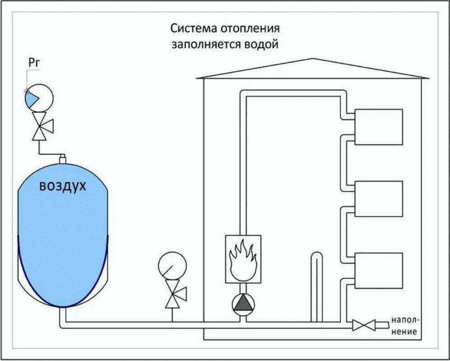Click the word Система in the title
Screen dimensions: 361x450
(x=193, y=28)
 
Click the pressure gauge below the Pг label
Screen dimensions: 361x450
(x=39, y=97)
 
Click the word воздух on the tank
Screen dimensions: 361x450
(x=62, y=186)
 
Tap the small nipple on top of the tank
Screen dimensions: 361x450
(x=63, y=157)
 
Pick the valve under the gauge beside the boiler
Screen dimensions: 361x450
(x=173, y=294)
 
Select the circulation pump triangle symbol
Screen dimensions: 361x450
(x=243, y=304)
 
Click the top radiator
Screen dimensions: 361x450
(x=378, y=127)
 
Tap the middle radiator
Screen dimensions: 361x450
(x=378, y=199)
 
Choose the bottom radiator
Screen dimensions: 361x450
(x=378, y=270)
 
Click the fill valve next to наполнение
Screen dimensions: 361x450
(x=364, y=324)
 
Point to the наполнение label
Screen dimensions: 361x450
(x=405, y=326)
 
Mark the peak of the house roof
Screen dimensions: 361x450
(x=311, y=59)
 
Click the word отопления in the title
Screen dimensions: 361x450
(x=249, y=28)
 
